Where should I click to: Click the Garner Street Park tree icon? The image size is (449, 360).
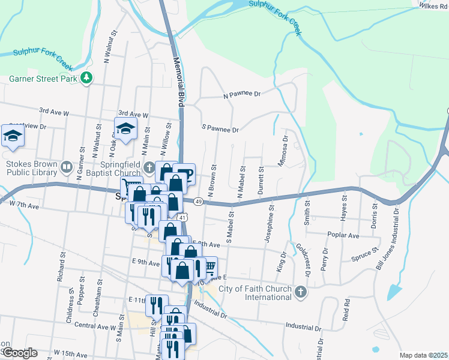point(87,78)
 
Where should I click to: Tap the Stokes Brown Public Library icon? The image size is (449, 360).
point(67,166)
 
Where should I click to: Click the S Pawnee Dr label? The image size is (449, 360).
point(220,129)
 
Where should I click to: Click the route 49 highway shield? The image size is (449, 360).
point(197,202)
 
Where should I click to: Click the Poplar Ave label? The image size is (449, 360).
point(343,235)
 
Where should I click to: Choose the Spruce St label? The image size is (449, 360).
point(366,254)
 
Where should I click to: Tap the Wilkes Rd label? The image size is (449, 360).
point(434,5)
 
